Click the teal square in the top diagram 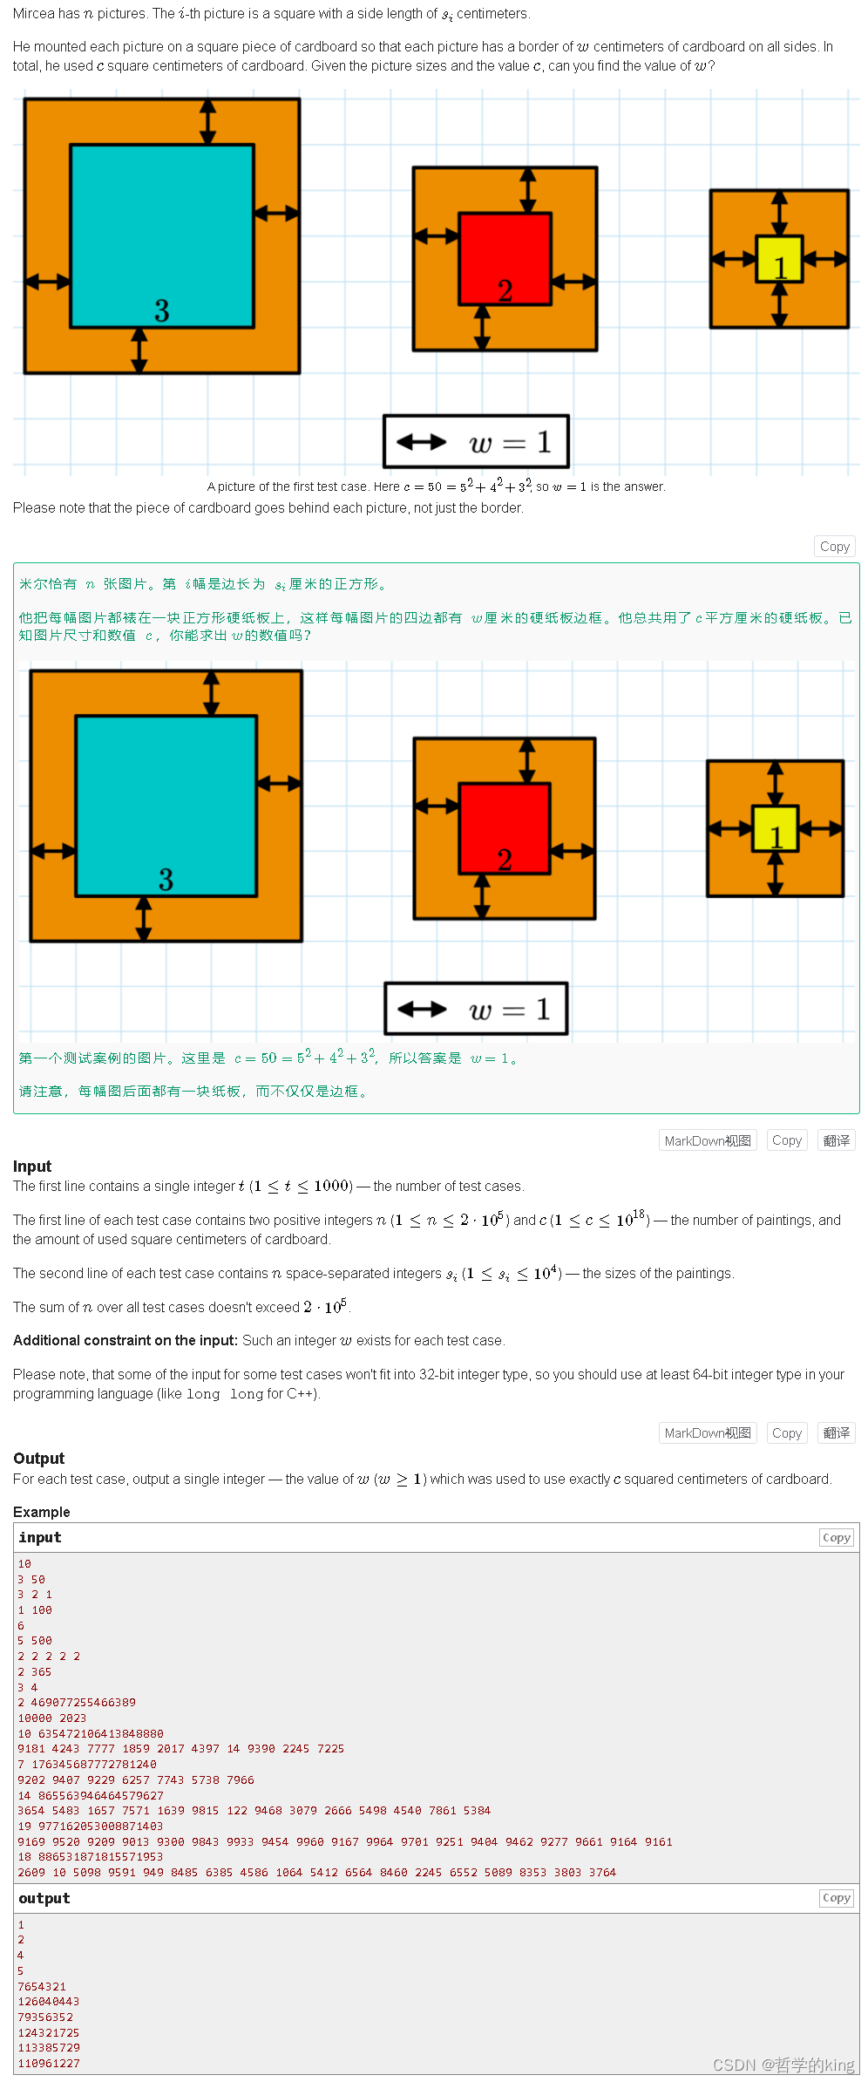[x=162, y=235]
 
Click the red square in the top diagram [x=505, y=258]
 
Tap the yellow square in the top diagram [x=779, y=259]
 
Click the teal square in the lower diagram [x=166, y=806]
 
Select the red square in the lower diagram [x=505, y=828]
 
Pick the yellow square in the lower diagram [x=775, y=828]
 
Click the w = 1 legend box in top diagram [x=477, y=441]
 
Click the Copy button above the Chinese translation [x=834, y=547]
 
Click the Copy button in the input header [x=836, y=1537]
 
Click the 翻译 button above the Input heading [x=836, y=1140]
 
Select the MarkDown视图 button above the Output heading [x=707, y=1432]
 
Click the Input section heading [x=32, y=1167]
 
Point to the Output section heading [x=39, y=1459]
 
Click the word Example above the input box [x=42, y=1512]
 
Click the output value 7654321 [x=42, y=1986]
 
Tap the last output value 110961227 [x=49, y=2064]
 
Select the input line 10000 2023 [x=52, y=1718]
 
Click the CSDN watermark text [x=783, y=2065]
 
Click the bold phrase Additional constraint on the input [x=125, y=1340]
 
